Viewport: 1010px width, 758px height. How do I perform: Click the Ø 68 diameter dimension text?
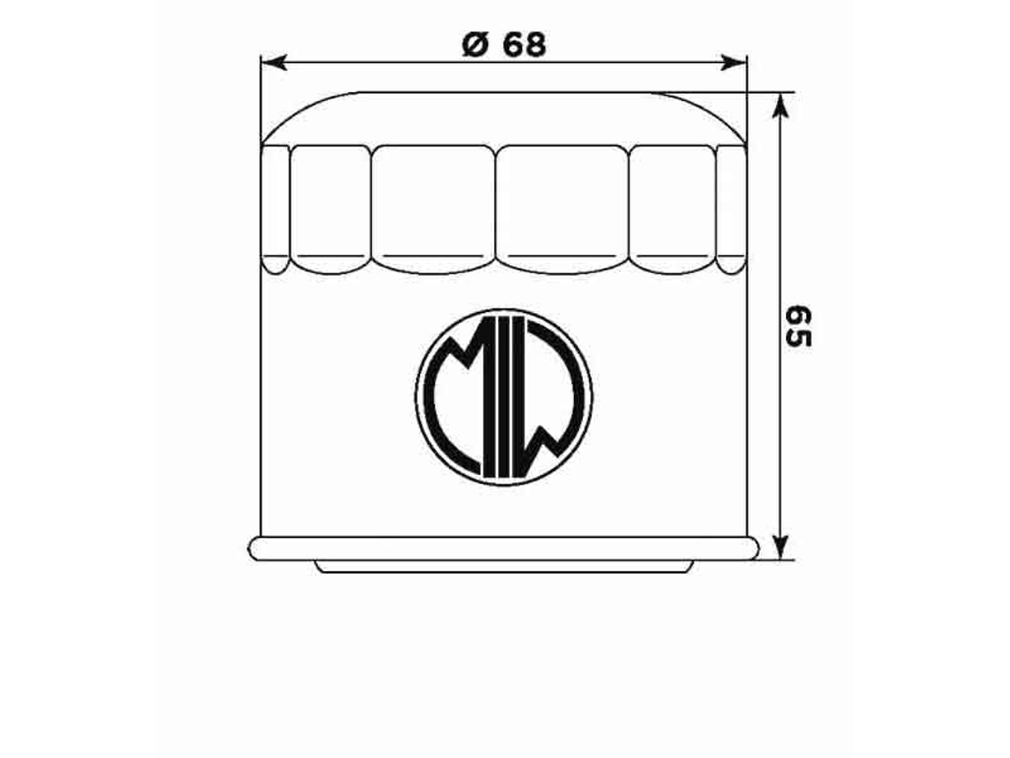504,44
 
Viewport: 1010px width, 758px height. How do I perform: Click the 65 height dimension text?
798,327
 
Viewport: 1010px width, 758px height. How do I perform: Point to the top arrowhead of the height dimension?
780,105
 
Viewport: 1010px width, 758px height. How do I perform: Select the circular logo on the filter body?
503,396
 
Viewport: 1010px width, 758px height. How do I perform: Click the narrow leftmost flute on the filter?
276,209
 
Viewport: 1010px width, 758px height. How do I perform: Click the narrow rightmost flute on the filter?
731,209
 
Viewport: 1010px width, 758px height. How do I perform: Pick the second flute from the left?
330,209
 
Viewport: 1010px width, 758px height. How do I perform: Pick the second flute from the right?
672,209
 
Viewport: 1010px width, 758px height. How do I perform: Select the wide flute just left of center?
432,209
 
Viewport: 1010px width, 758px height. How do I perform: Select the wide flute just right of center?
561,209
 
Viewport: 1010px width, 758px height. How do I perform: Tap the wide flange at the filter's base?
503,548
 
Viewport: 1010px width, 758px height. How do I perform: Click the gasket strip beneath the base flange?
503,567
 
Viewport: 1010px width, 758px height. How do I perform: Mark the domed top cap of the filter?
503,117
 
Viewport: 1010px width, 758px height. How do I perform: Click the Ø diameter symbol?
474,44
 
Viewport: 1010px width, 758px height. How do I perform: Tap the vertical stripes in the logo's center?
503,396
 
